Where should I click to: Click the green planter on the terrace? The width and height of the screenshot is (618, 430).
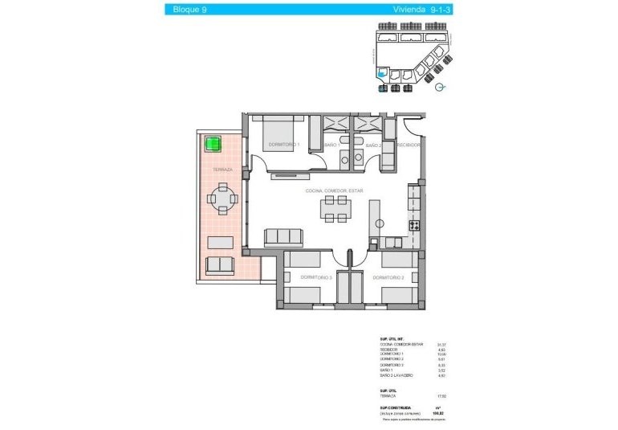[x=213, y=145]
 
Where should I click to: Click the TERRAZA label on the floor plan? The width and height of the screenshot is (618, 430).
[x=222, y=170]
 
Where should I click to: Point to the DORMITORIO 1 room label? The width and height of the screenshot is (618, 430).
[x=283, y=145]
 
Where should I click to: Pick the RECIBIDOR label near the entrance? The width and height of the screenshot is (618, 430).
[x=409, y=145]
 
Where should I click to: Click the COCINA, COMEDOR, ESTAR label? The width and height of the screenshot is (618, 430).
[x=334, y=190]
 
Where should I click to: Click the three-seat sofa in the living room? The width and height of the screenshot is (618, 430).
[x=283, y=236]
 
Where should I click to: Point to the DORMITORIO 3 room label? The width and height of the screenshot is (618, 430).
[x=316, y=277]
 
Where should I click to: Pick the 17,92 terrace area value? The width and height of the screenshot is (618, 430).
[x=441, y=395]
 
